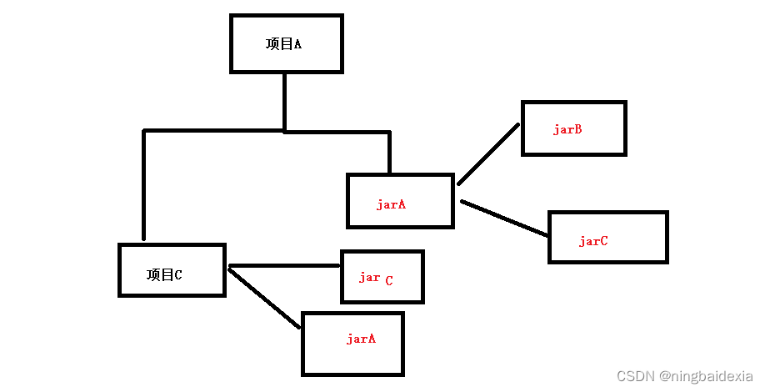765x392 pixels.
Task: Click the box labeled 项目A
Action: (x=286, y=43)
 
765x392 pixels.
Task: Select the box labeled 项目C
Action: (x=172, y=270)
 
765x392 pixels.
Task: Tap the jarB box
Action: (x=573, y=128)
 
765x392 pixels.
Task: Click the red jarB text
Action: (x=567, y=129)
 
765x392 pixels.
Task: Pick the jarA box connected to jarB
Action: (x=400, y=201)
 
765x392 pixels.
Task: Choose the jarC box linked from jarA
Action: (x=608, y=238)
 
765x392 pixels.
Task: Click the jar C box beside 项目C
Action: (x=382, y=277)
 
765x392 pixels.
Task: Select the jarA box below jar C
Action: (x=352, y=343)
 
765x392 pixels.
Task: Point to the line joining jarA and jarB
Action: (x=488, y=154)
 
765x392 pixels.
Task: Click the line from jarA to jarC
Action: (x=504, y=219)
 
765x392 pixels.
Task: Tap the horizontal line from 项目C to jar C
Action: (x=283, y=266)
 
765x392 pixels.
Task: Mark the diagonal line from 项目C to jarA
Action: (x=264, y=298)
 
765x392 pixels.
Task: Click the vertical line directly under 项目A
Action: (x=285, y=101)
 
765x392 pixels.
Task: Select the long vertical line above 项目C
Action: (x=144, y=185)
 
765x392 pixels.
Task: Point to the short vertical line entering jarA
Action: (x=389, y=153)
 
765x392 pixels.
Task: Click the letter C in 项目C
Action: (x=177, y=274)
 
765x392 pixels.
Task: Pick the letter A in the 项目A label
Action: (x=297, y=44)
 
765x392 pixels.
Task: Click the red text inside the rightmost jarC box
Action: (x=593, y=241)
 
